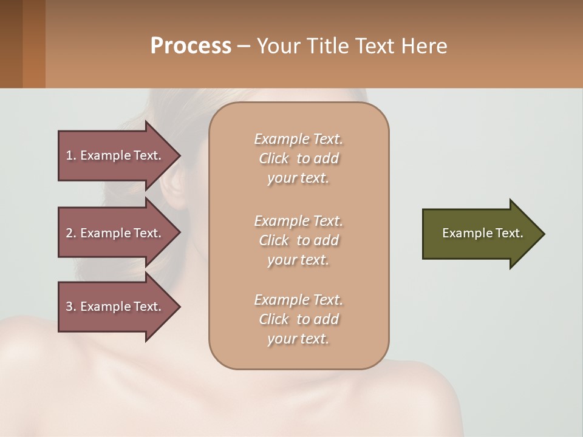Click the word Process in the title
tap(191, 46)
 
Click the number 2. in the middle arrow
tap(71, 233)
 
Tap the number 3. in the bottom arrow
tap(71, 307)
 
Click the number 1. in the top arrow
tap(71, 155)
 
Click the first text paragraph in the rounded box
tap(298, 158)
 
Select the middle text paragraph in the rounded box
tap(298, 240)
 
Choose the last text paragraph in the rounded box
tap(298, 319)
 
